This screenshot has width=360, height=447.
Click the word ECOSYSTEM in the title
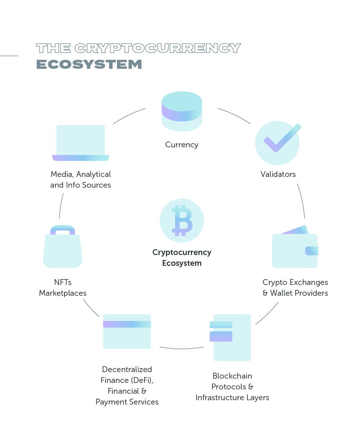[89, 64]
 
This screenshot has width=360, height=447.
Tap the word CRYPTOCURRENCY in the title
[157, 48]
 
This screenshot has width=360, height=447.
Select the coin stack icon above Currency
[181, 111]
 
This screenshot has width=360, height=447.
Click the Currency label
[181, 145]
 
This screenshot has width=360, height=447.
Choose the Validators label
[278, 174]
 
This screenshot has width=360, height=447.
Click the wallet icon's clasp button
[311, 251]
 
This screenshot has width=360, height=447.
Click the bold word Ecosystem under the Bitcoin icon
[181, 263]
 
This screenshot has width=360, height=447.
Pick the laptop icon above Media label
[81, 143]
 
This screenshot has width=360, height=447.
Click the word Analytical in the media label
[94, 174]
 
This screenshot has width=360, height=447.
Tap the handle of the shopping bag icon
[63, 229]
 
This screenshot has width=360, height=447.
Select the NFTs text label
[63, 282]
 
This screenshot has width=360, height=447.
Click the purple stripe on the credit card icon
[126, 324]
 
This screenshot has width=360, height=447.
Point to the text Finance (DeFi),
[127, 380]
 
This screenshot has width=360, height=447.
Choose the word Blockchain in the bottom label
[232, 376]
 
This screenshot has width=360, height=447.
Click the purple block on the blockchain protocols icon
[221, 336]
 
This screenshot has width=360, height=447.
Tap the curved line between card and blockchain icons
[181, 348]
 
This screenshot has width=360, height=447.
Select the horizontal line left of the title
[9, 56]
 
